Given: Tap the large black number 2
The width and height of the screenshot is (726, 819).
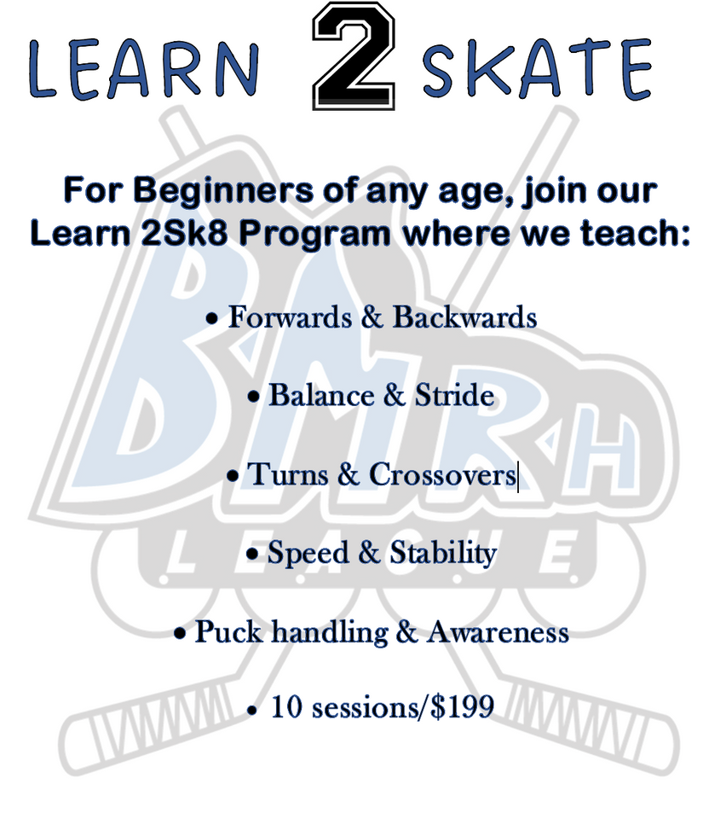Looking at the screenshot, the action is click(354, 56).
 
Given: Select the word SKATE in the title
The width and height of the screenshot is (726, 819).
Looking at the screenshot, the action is click(537, 68).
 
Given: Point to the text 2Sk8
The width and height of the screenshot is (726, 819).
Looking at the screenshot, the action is click(184, 233).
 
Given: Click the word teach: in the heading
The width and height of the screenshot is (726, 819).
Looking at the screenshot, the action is click(636, 233).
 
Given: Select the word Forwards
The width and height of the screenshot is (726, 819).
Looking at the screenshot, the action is click(290, 317).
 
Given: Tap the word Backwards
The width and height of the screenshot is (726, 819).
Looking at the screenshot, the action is click(464, 317).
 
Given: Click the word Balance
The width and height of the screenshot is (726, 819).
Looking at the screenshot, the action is click(321, 395).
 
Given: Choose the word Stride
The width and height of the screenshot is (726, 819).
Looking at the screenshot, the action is click(454, 395).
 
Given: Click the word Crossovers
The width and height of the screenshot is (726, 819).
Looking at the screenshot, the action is click(442, 474).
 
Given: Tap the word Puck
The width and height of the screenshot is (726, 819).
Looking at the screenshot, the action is click(228, 631).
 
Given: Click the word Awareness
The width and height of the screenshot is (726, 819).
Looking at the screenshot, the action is click(498, 631).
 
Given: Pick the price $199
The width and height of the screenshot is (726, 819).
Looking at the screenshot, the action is click(463, 706).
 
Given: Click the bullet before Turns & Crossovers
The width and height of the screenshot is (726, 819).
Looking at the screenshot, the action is click(233, 476).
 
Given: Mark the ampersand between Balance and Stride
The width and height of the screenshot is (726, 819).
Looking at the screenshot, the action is click(395, 395).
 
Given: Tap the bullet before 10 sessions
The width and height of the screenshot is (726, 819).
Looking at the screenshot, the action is click(252, 711).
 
